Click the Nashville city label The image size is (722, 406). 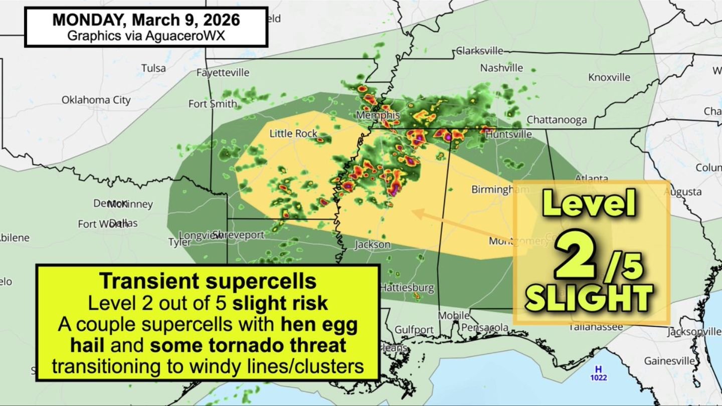pos(501,68)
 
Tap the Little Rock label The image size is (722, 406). pos(293,133)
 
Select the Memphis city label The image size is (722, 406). pos(378,115)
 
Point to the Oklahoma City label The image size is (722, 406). pos(96,100)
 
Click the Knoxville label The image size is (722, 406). pos(609,77)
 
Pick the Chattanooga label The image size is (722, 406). pos(556,120)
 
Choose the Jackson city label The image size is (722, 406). pos(373,245)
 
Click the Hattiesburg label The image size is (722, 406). pos(407,288)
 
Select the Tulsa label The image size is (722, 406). pos(153,68)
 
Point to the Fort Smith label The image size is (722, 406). pos(213,104)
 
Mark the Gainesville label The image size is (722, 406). pos(669,361)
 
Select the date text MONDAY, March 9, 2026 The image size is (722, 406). pos(146,20)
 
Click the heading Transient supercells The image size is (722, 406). pos(208,281)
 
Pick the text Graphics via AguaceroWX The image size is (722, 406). pos(146,36)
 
